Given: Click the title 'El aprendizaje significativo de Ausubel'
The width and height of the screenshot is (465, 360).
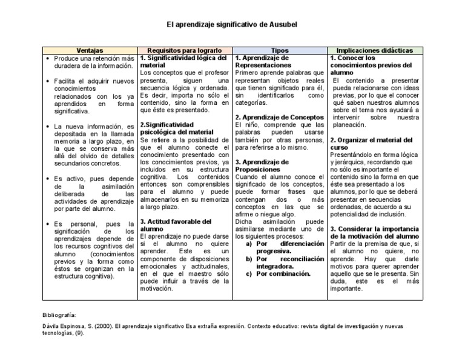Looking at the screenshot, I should pyautogui.click(x=232, y=25).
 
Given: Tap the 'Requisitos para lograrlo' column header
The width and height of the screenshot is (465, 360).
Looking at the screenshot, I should pyautogui.click(x=185, y=50).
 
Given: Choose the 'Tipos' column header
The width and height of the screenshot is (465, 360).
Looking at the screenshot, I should pyautogui.click(x=280, y=50).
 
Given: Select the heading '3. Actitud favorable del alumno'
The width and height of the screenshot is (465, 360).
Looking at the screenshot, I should pyautogui.click(x=176, y=225).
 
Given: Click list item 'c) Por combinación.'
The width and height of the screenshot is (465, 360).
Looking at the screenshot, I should pyautogui.click(x=279, y=273).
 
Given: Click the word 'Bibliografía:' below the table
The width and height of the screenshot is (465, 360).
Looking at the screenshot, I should pyautogui.click(x=59, y=315).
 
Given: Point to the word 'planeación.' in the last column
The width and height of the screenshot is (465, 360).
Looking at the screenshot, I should pyautogui.click(x=348, y=125).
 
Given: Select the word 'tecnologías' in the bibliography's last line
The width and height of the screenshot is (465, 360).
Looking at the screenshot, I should pyautogui.click(x=58, y=333).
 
